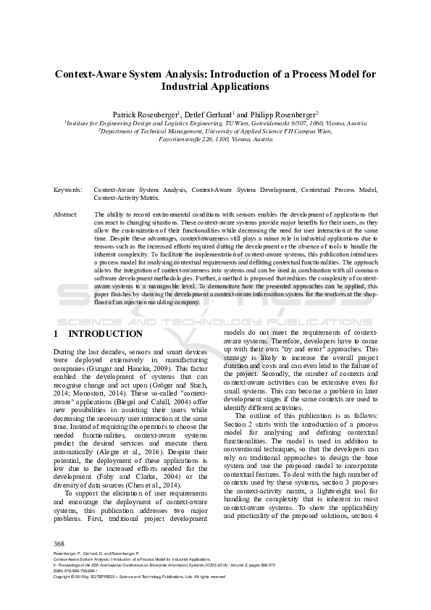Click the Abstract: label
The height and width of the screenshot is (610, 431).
click(x=66, y=215)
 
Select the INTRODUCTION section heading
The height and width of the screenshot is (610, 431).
click(x=105, y=334)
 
